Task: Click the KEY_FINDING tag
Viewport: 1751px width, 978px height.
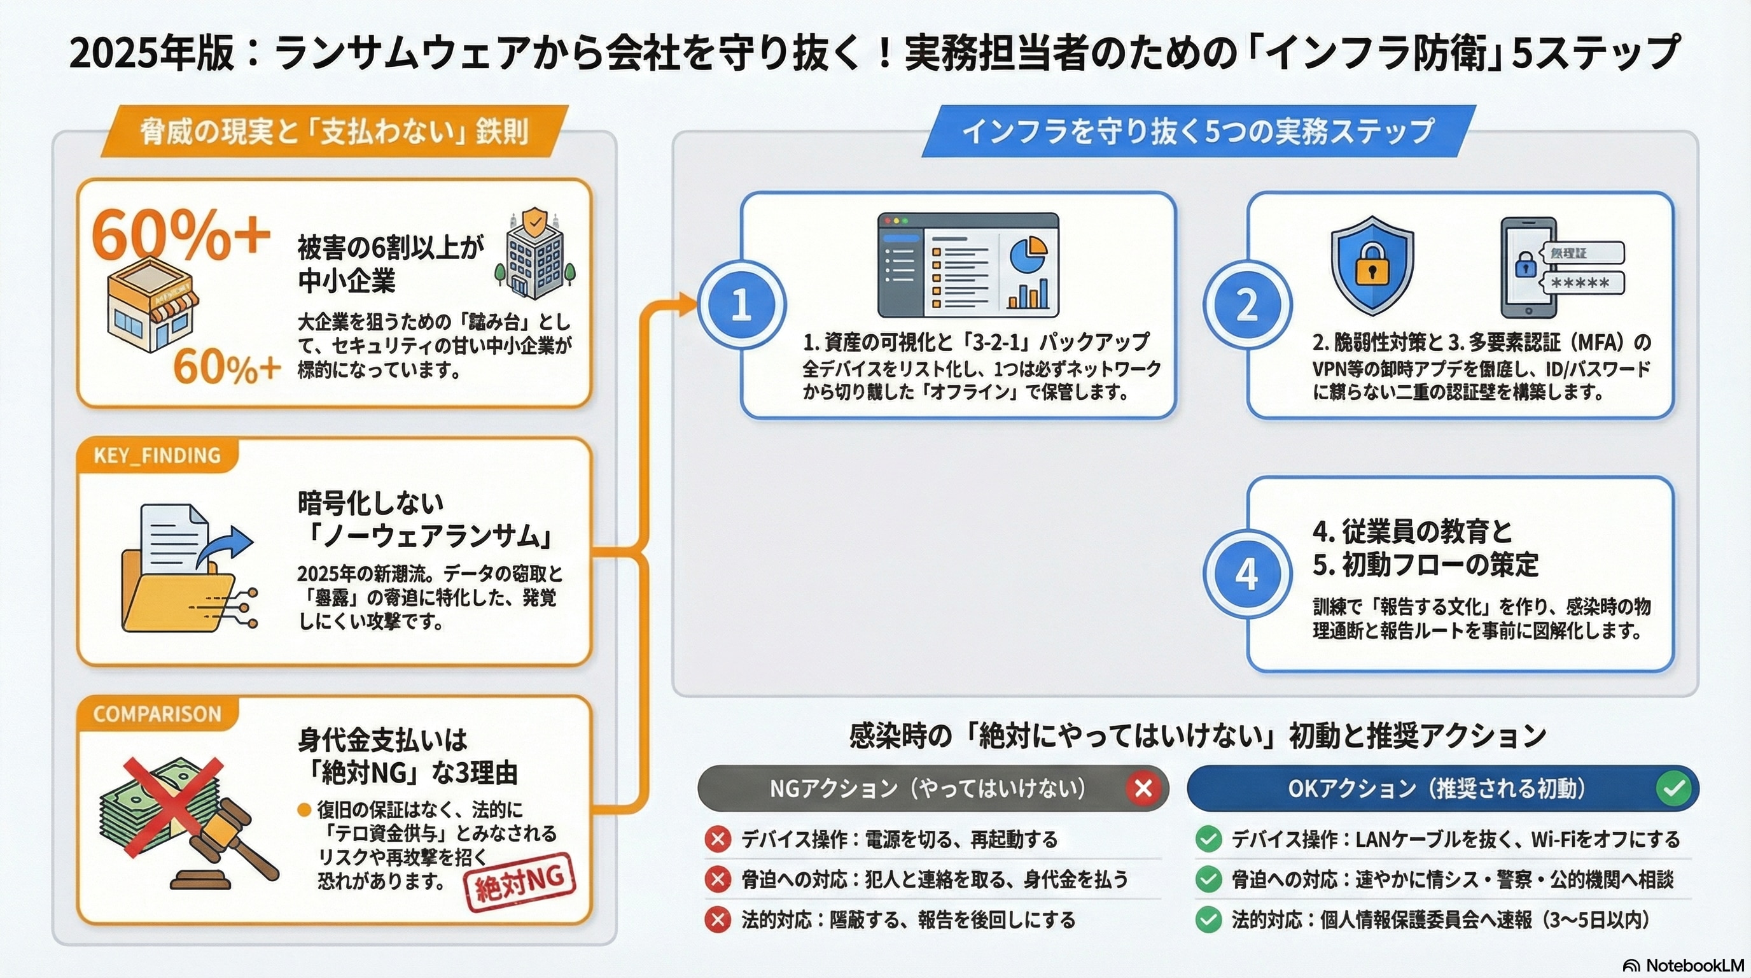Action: click(157, 455)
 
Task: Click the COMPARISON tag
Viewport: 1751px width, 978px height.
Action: click(157, 713)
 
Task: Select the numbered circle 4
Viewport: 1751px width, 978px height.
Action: click(1246, 573)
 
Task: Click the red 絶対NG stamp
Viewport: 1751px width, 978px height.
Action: click(520, 882)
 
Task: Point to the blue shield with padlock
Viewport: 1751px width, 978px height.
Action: click(1372, 266)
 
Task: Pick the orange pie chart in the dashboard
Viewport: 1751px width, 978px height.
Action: click(1027, 253)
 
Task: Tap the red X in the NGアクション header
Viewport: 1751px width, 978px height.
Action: click(1143, 788)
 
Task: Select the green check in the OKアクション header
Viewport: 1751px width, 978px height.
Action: click(1673, 788)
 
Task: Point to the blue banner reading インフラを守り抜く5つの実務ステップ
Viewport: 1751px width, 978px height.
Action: click(1197, 131)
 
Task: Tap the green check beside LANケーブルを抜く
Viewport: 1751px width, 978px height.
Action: click(1208, 839)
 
